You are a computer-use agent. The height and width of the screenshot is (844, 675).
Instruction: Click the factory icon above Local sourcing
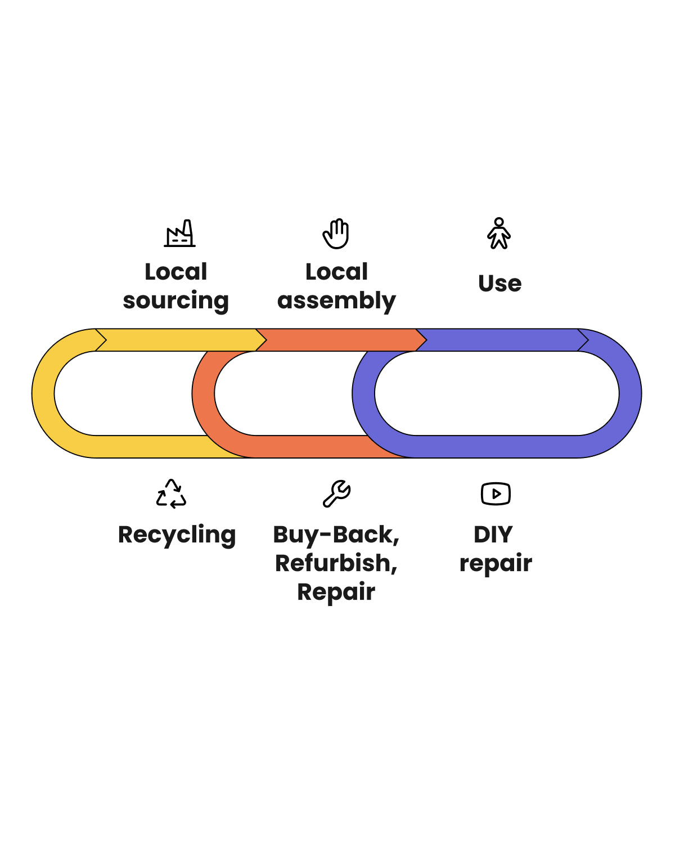pyautogui.click(x=180, y=234)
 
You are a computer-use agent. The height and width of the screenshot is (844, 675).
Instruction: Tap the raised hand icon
pyautogui.click(x=336, y=234)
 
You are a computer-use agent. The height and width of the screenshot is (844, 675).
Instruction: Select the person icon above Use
pyautogui.click(x=499, y=234)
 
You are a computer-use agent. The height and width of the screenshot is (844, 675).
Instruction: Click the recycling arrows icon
pyautogui.click(x=171, y=494)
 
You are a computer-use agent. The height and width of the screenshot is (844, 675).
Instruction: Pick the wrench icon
pyautogui.click(x=336, y=494)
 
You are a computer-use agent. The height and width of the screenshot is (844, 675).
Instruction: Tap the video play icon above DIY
pyautogui.click(x=496, y=494)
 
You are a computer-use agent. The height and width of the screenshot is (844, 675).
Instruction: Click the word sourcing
pyautogui.click(x=176, y=301)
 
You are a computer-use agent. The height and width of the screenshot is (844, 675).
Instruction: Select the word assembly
pyautogui.click(x=336, y=301)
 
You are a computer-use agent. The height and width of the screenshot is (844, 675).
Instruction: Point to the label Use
pyautogui.click(x=499, y=284)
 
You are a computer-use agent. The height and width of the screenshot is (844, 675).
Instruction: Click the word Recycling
pyautogui.click(x=177, y=535)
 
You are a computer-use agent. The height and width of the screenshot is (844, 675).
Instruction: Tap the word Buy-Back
pyautogui.click(x=336, y=535)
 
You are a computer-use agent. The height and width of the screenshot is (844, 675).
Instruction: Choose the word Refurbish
pyautogui.click(x=336, y=563)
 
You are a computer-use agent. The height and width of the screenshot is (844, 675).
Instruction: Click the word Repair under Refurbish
pyautogui.click(x=336, y=592)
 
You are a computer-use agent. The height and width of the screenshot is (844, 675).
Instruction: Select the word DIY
pyautogui.click(x=493, y=535)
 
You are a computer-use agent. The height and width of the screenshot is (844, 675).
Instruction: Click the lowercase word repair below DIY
pyautogui.click(x=496, y=564)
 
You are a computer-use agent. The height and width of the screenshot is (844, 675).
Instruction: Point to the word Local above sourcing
pyautogui.click(x=176, y=272)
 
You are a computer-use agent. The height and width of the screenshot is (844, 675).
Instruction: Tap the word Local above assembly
pyautogui.click(x=336, y=272)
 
